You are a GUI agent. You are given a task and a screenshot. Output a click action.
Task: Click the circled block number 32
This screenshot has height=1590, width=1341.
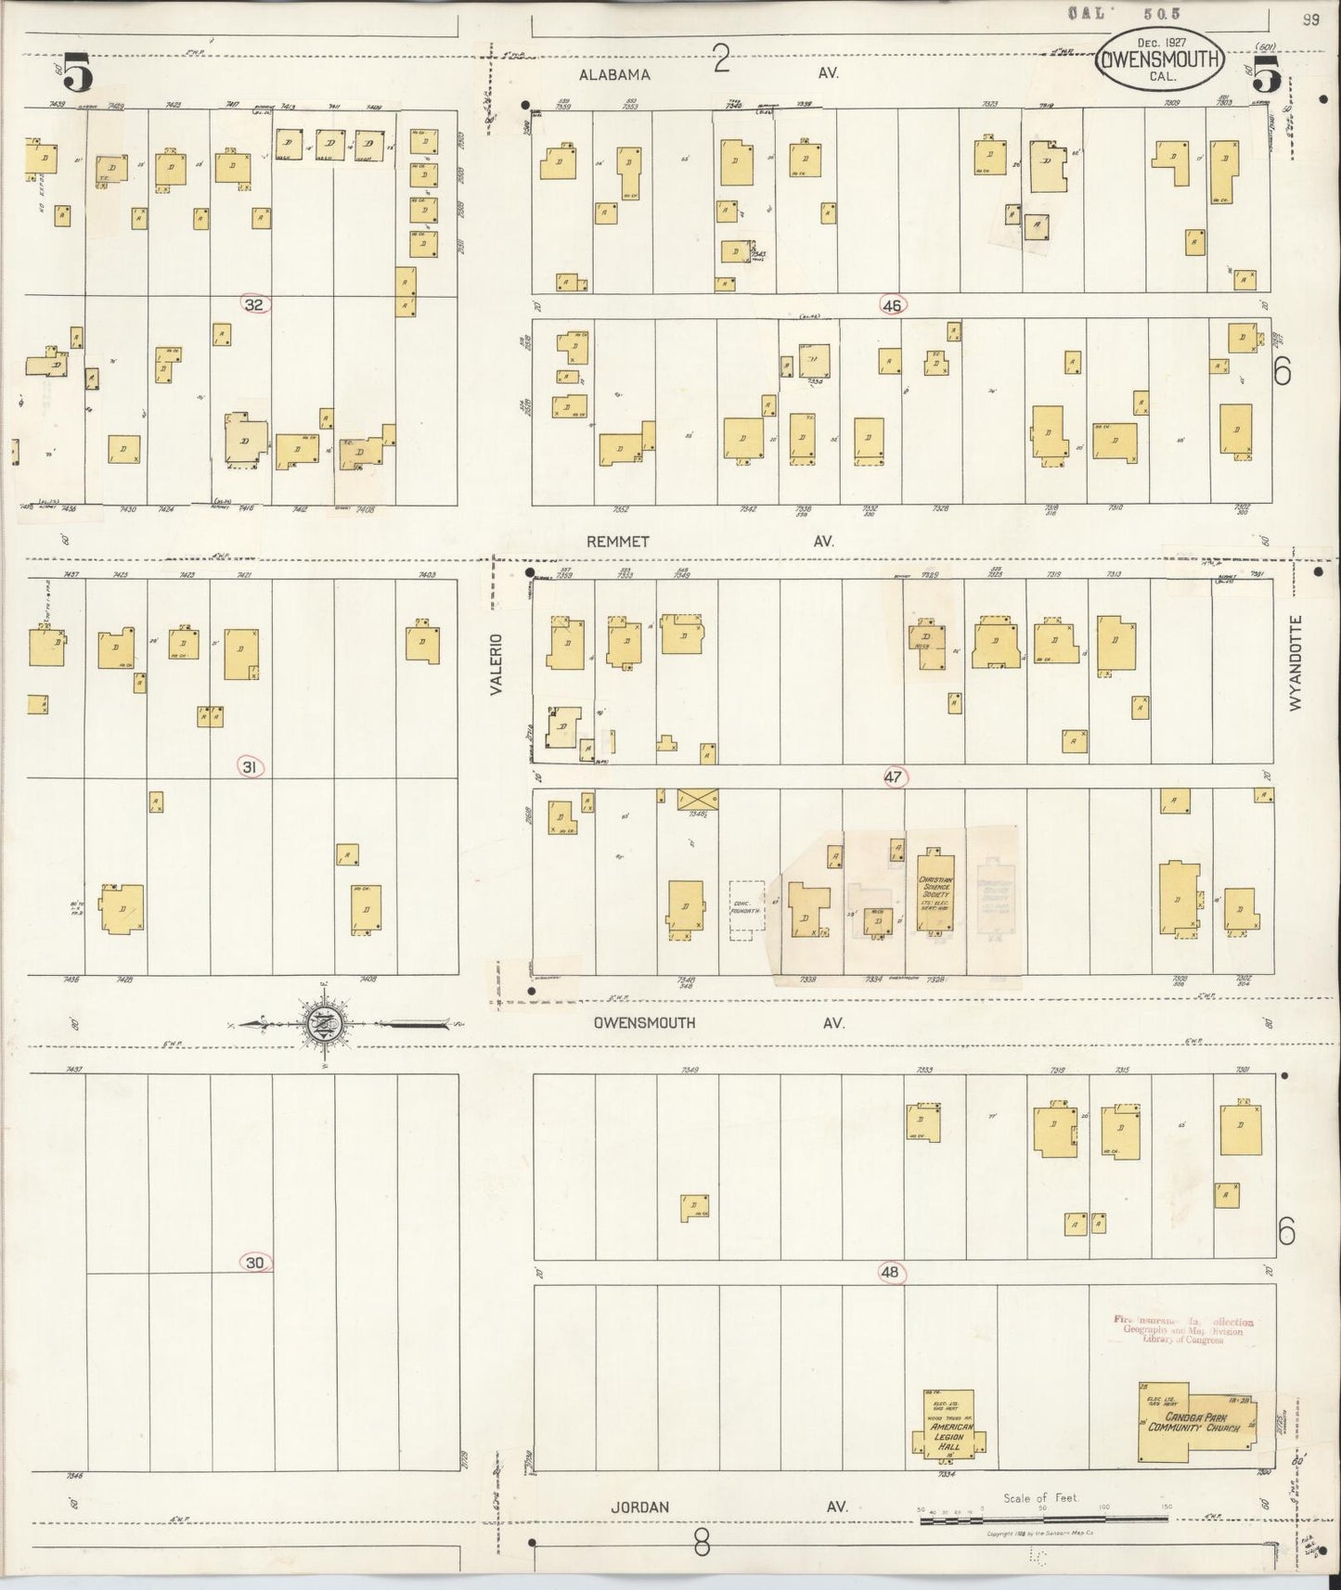pyautogui.click(x=254, y=304)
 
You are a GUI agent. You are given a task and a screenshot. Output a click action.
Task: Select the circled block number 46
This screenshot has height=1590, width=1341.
pyautogui.click(x=893, y=304)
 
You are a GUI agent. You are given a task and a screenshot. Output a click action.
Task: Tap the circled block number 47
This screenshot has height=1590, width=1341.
pyautogui.click(x=893, y=778)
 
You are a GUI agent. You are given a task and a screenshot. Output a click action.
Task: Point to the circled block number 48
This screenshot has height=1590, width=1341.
pyautogui.click(x=889, y=1273)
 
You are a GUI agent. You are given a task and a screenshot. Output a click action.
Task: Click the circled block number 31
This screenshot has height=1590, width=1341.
pyautogui.click(x=250, y=766)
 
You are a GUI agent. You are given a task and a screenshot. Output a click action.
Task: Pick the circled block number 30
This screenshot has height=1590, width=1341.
pyautogui.click(x=255, y=1263)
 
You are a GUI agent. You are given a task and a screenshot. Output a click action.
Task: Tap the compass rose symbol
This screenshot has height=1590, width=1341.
pyautogui.click(x=325, y=1024)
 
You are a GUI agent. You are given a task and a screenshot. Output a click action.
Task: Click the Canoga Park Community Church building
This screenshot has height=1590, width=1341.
pyautogui.click(x=1197, y=1419)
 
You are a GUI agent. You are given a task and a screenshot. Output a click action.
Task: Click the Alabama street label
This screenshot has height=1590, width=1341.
pyautogui.click(x=616, y=74)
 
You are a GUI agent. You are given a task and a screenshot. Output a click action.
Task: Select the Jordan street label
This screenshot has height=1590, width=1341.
pyautogui.click(x=639, y=1507)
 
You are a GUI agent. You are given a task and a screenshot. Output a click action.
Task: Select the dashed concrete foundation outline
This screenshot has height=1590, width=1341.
pyautogui.click(x=746, y=911)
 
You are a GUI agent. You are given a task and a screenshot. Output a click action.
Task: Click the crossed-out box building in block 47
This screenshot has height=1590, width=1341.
pyautogui.click(x=698, y=799)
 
